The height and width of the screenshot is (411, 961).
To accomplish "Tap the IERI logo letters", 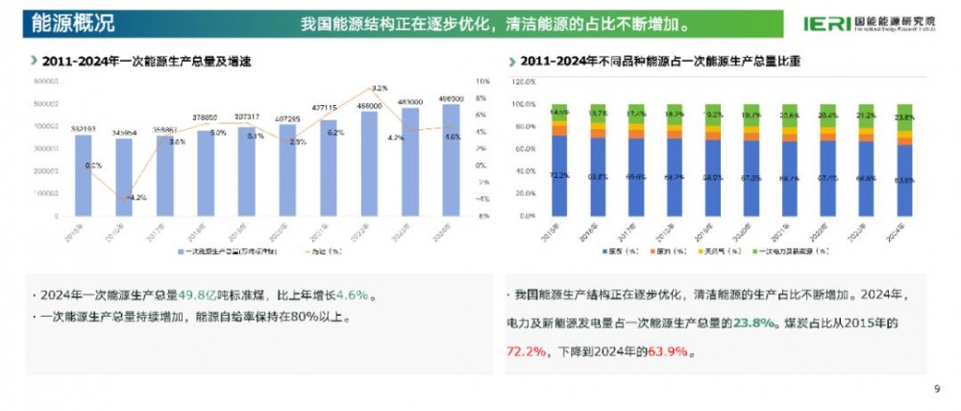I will click(x=825, y=22).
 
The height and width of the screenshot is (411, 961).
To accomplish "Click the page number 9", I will click(x=936, y=389).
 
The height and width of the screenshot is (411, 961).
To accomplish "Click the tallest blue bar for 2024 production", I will click(x=451, y=159).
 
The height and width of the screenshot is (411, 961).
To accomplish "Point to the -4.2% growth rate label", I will click(x=136, y=197).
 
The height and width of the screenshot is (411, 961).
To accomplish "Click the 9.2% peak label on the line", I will click(x=379, y=88).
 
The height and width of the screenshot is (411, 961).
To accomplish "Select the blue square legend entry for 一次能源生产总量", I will click(x=181, y=251).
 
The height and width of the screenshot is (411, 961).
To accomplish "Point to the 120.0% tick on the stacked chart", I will click(x=523, y=82).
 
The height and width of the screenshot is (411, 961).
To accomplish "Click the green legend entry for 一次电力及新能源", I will click(x=762, y=251).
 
